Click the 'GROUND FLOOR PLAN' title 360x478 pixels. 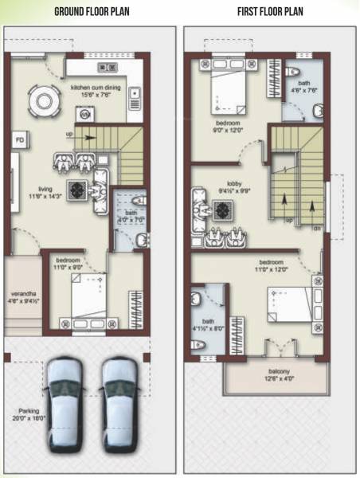pos(92,12)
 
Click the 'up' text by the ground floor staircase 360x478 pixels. pos(69,135)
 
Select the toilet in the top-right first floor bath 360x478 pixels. pos(292,74)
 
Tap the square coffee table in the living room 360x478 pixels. pos(76,189)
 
